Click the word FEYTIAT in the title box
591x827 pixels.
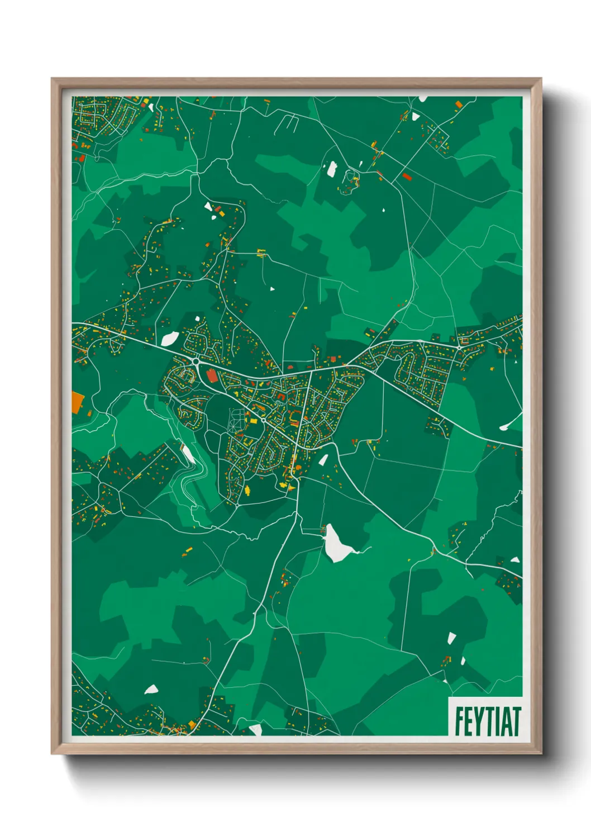pyautogui.click(x=487, y=721)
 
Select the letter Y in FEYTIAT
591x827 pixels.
pyautogui.click(x=479, y=721)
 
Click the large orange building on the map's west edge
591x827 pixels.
pyautogui.click(x=77, y=402)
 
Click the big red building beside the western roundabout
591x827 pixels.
pyautogui.click(x=212, y=374)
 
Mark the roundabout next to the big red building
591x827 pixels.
pyautogui.click(x=197, y=362)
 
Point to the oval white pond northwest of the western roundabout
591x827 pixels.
pyautogui.click(x=170, y=338)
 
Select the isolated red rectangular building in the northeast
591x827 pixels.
pyautogui.click(x=406, y=177)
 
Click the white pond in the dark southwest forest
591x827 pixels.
pyautogui.click(x=151, y=690)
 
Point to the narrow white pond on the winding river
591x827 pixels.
pyautogui.click(x=188, y=454)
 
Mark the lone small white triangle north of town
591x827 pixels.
pyautogui.click(x=272, y=289)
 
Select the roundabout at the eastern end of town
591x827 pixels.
pyautogui.click(x=459, y=347)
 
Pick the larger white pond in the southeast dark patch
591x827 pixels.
pyautogui.click(x=451, y=638)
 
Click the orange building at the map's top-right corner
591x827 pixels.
pyautogui.click(x=459, y=104)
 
